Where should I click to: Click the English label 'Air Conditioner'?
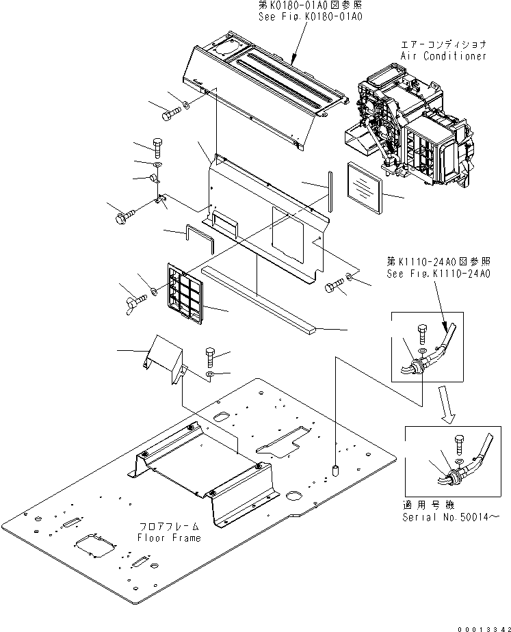pos(445,56)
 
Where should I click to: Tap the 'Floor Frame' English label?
pos(169,538)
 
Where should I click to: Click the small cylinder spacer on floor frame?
pos(336,470)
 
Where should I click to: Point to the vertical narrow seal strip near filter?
pos(329,191)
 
